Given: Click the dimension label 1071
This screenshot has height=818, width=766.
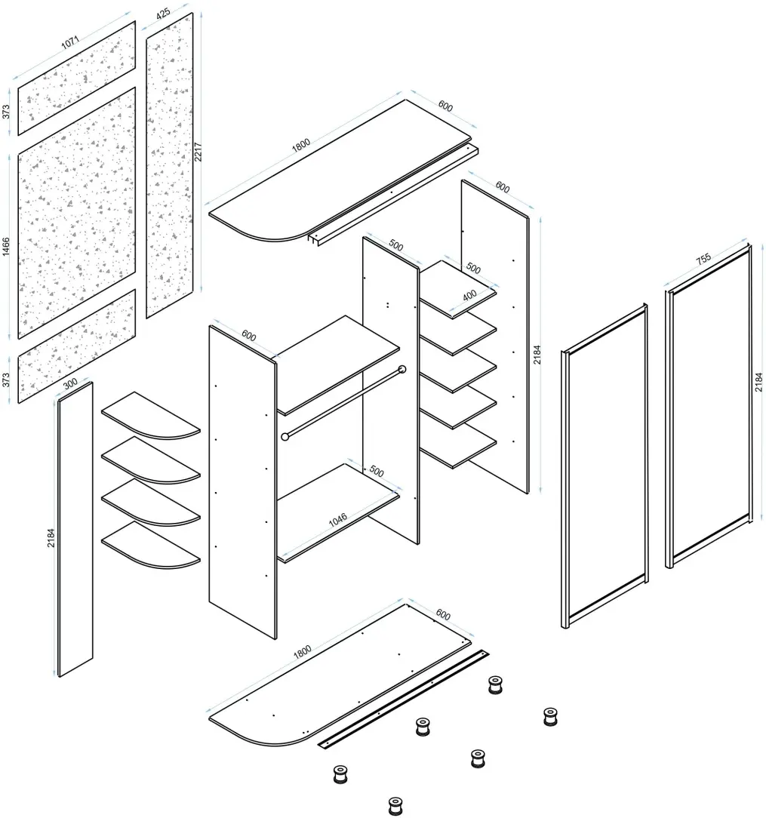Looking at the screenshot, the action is click(x=70, y=42).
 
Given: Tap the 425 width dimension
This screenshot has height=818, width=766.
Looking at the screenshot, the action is click(x=163, y=13).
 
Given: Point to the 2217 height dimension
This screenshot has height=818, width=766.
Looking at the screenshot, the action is click(x=198, y=152).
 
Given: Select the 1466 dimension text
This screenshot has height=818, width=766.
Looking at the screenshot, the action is click(x=6, y=246).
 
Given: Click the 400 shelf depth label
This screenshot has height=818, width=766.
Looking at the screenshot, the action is click(x=469, y=295).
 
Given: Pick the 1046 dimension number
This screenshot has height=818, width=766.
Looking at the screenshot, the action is click(x=337, y=520).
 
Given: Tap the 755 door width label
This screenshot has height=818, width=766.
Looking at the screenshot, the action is click(x=703, y=259).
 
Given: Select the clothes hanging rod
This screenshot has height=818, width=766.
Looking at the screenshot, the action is click(x=343, y=403).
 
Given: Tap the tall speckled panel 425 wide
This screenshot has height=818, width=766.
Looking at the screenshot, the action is click(x=170, y=165).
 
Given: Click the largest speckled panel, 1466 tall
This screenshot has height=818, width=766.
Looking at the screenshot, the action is click(x=77, y=213).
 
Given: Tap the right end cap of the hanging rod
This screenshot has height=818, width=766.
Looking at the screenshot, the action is click(x=401, y=369).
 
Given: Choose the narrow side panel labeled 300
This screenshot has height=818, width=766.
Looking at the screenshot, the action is click(x=75, y=530).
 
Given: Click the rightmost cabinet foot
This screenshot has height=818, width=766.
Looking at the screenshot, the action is click(x=550, y=717).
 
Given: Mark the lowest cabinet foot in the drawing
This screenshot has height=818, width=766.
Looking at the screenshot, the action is click(x=395, y=805).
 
